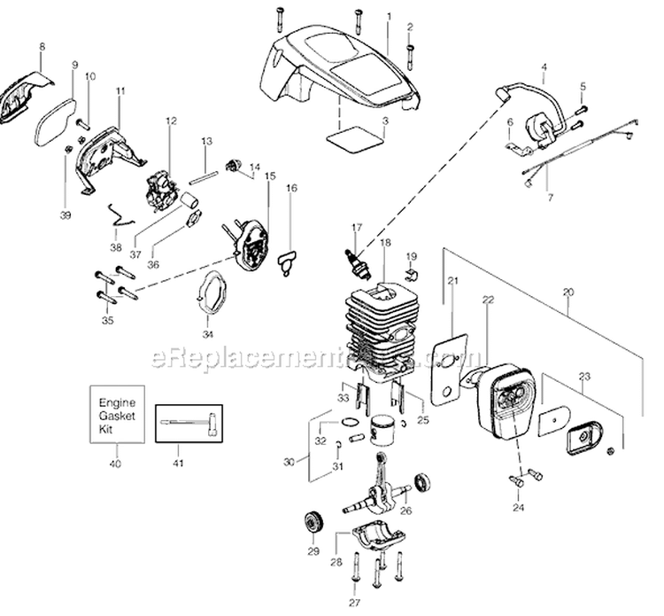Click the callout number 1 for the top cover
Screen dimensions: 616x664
coord(389,16)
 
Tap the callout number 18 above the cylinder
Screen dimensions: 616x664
coord(384,242)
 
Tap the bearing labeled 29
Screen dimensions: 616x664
coord(313,520)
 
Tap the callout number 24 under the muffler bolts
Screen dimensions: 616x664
coord(518,508)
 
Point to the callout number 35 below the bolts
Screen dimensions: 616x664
coord(108,319)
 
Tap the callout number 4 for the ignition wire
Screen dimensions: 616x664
coord(543,67)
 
